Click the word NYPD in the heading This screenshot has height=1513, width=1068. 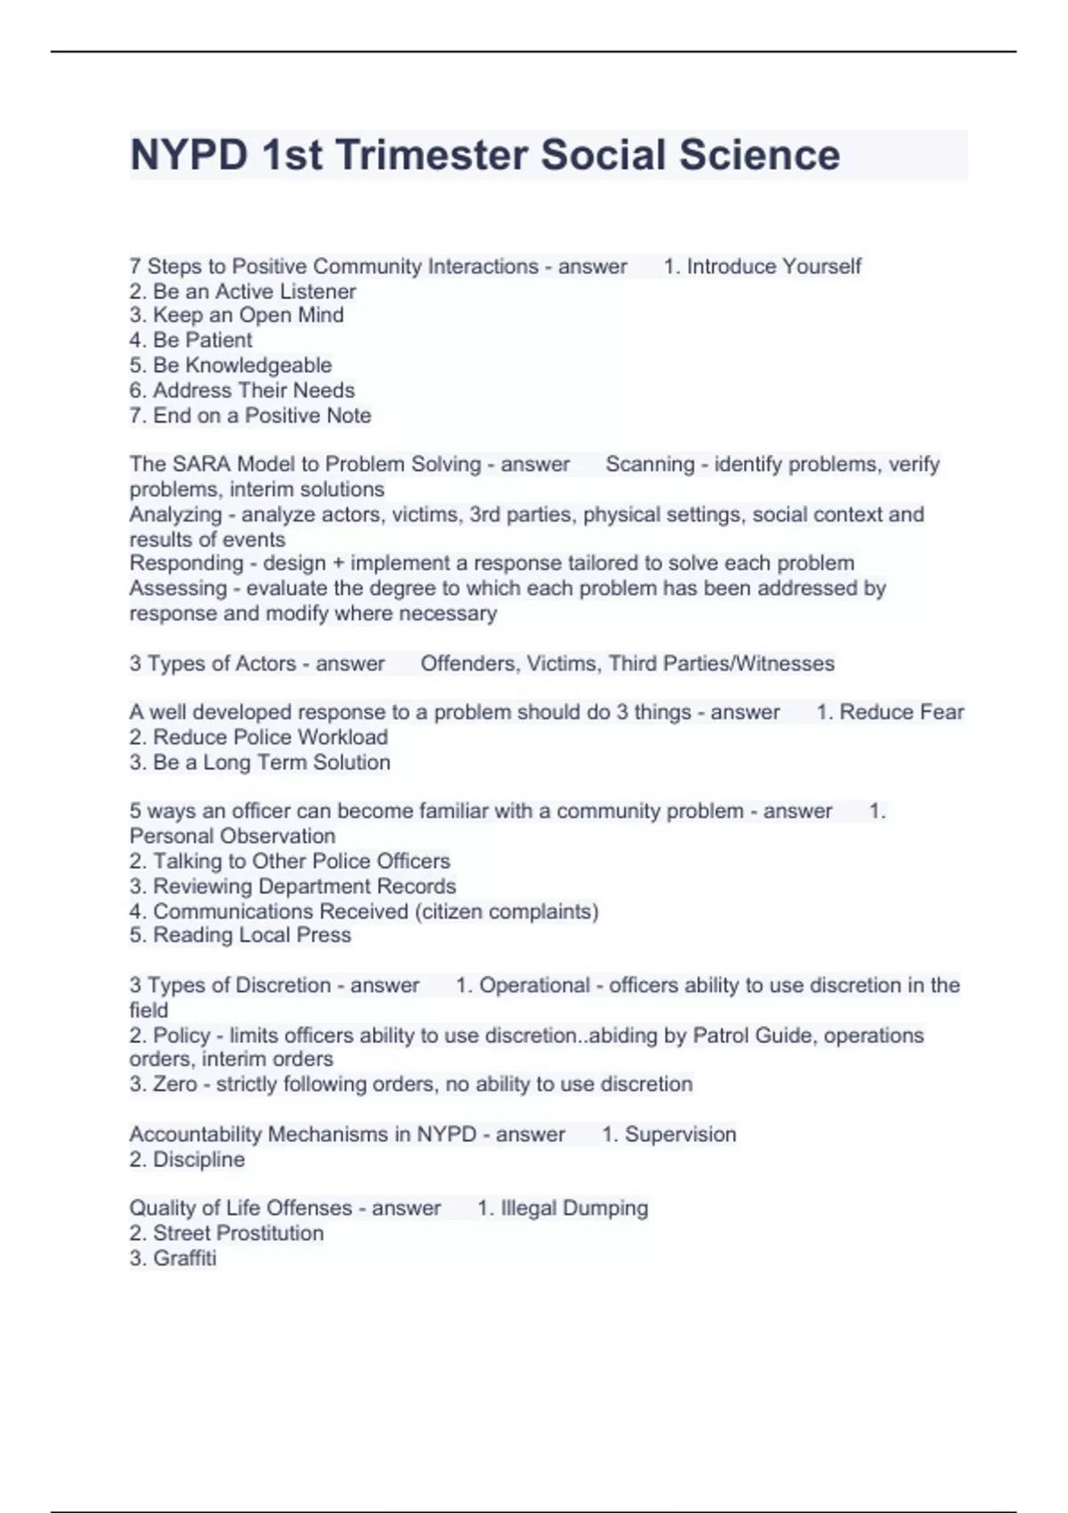click(189, 155)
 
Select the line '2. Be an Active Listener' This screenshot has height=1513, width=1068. click(242, 291)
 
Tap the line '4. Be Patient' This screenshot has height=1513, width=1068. click(190, 340)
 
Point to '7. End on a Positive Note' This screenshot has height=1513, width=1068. click(250, 416)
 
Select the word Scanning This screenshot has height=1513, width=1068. click(650, 465)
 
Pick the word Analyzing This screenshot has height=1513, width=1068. click(175, 514)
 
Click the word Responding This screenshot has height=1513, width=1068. click(186, 563)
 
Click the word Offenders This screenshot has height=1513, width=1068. click(469, 664)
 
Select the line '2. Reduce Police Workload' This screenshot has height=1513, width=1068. click(258, 737)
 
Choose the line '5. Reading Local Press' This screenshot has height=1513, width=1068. click(240, 935)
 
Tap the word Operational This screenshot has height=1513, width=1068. click(534, 985)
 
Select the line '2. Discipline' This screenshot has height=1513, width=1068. click(187, 1160)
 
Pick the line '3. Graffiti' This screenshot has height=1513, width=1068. click(173, 1258)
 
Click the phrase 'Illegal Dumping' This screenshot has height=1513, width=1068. click(574, 1209)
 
